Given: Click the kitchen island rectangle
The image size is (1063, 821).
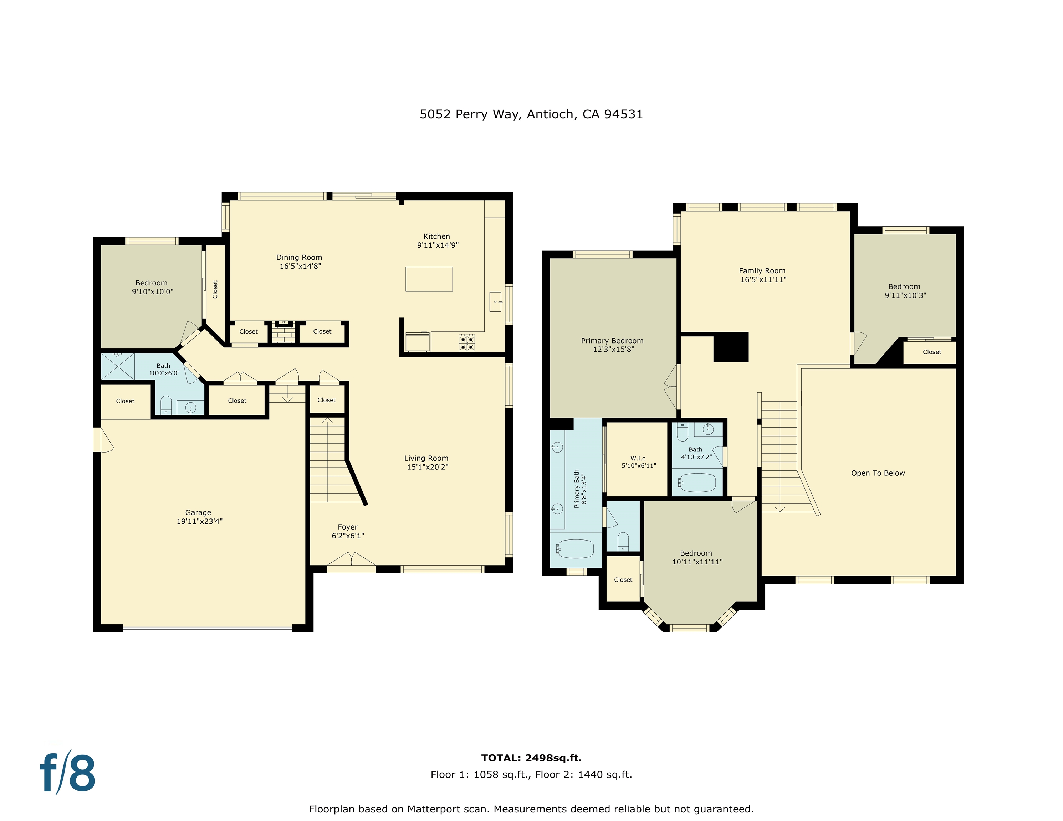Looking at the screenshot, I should pyautogui.click(x=429, y=279).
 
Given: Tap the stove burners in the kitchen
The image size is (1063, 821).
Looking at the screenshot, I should pyautogui.click(x=467, y=342).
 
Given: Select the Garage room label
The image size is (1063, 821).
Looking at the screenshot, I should pyautogui.click(x=198, y=513).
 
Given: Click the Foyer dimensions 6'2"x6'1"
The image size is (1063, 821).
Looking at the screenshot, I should pyautogui.click(x=348, y=536).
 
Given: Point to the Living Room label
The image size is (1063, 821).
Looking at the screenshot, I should pyautogui.click(x=426, y=458).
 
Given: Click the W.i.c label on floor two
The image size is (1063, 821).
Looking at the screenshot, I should pyautogui.click(x=638, y=458).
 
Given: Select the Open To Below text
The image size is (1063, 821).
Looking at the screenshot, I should pyautogui.click(x=878, y=473).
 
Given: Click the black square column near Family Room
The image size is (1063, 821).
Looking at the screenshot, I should pyautogui.click(x=731, y=347).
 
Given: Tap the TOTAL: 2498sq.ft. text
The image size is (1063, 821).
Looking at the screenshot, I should pyautogui.click(x=531, y=758).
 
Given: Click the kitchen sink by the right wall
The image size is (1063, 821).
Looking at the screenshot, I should pyautogui.click(x=495, y=302).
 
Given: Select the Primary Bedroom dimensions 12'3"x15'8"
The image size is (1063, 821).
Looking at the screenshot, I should pyautogui.click(x=613, y=349).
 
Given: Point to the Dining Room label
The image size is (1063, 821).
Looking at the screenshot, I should pyautogui.click(x=299, y=257).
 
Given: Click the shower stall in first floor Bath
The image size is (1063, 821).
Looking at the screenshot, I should pyautogui.click(x=117, y=366).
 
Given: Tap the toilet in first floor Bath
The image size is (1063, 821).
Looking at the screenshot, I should pyautogui.click(x=166, y=405).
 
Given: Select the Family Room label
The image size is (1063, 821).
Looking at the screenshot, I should pyautogui.click(x=762, y=271).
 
